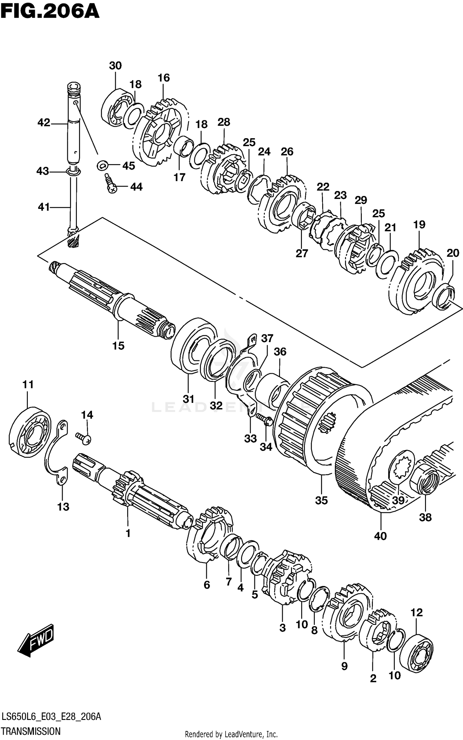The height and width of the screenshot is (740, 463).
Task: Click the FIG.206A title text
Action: (50, 12)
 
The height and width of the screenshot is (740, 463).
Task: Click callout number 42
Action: (44, 123)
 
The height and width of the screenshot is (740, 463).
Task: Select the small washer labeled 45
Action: (102, 166)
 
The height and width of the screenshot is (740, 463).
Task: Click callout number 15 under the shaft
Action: (118, 346)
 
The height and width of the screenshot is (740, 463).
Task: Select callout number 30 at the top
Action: (115, 66)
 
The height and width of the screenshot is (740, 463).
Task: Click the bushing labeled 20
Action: (444, 297)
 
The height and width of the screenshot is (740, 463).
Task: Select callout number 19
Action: (419, 224)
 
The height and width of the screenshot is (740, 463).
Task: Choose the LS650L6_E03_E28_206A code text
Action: (51, 717)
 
